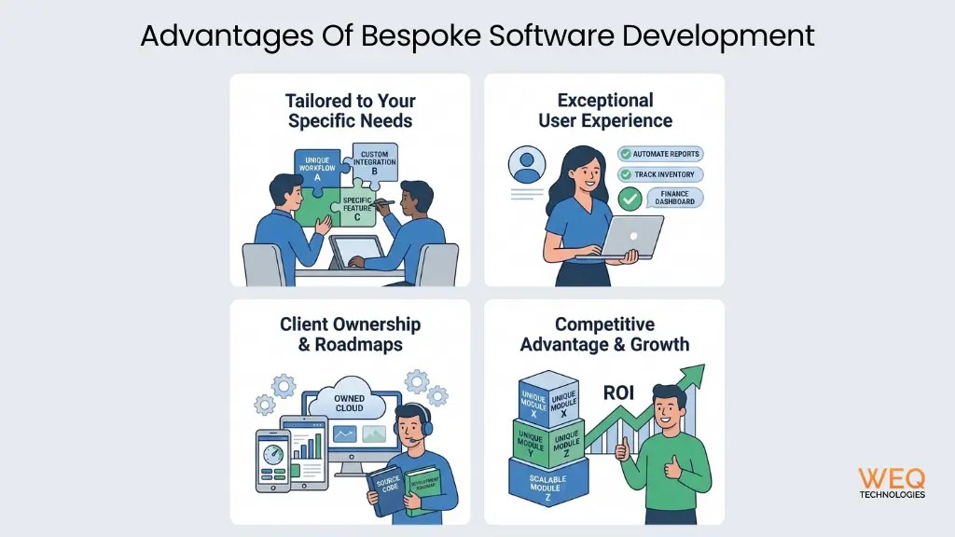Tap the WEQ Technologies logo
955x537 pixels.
[x=892, y=483]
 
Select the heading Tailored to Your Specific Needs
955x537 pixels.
[x=350, y=110]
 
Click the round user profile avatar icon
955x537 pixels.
[x=527, y=165]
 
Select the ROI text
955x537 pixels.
[x=618, y=392]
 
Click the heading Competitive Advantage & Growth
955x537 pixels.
[x=604, y=335]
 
